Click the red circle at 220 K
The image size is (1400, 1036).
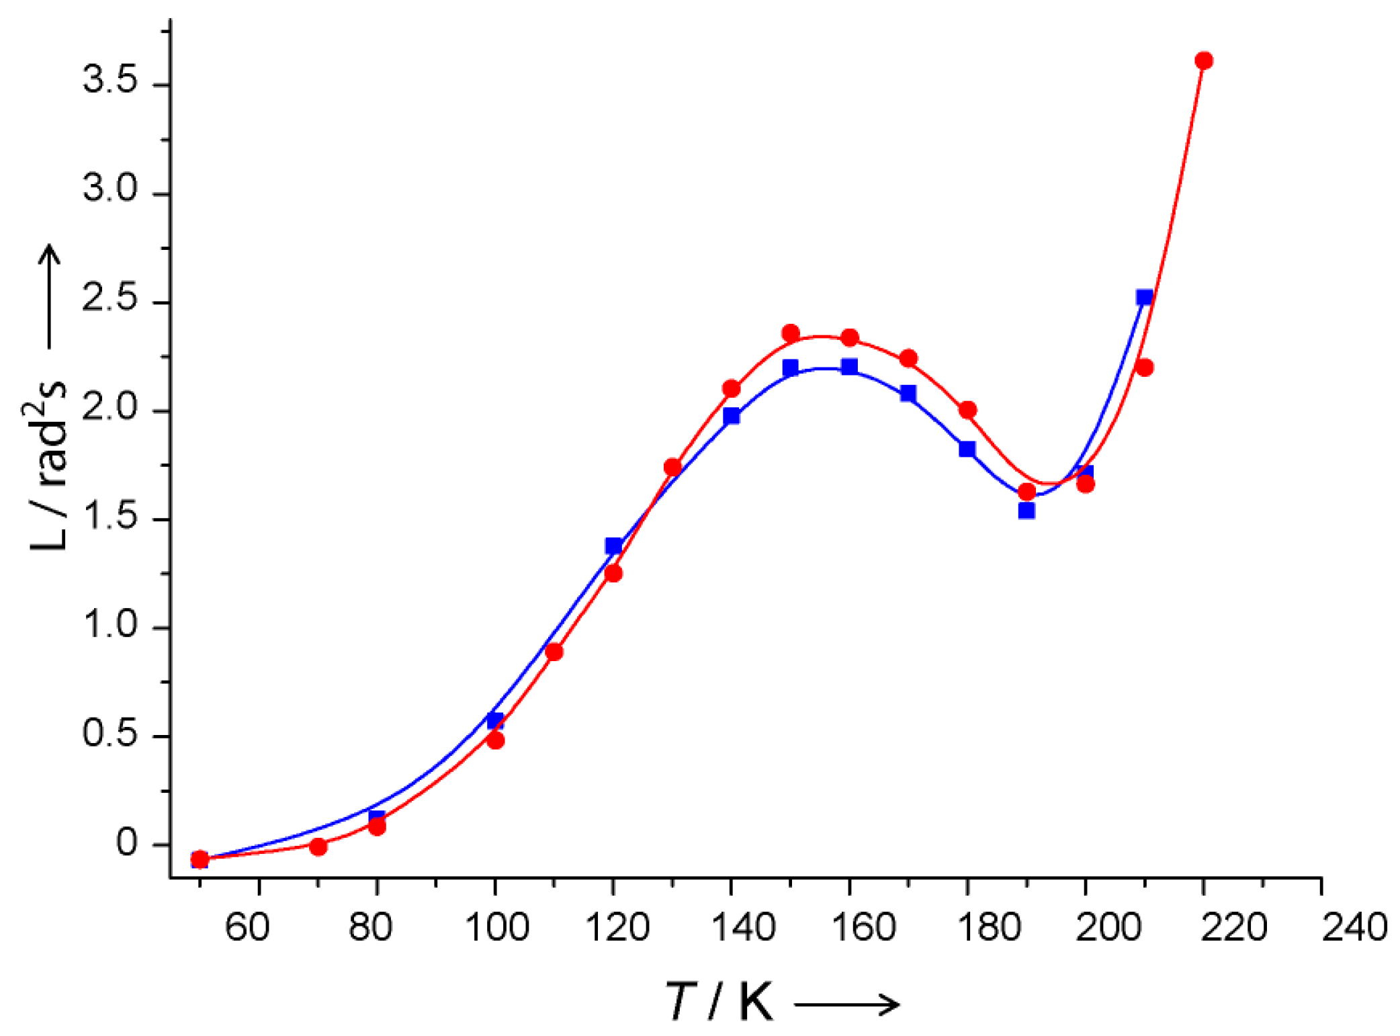(1203, 60)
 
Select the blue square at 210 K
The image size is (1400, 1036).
(1144, 297)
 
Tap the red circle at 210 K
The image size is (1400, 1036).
(1144, 368)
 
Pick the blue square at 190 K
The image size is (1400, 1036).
(1026, 511)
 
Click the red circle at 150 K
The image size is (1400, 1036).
(790, 333)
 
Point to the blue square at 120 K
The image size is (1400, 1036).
(613, 546)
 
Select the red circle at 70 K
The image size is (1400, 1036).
(318, 847)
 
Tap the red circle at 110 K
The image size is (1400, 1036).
(554, 652)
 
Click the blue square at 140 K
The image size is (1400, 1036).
(731, 416)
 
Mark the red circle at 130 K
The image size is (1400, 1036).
(672, 467)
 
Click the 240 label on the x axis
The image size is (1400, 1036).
(1354, 927)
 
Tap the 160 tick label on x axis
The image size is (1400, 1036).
(863, 927)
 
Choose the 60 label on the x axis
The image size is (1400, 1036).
(247, 927)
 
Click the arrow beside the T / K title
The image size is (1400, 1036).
(846, 1005)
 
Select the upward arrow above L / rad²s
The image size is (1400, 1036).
(48, 296)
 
